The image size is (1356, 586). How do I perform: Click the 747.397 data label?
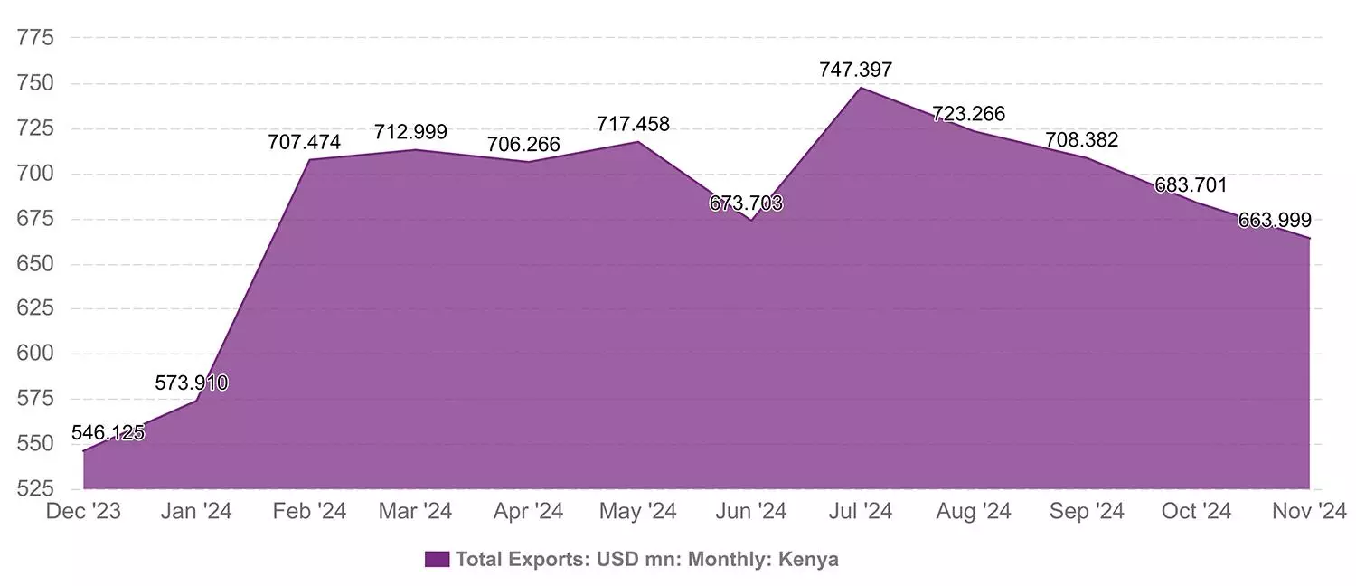coord(855,70)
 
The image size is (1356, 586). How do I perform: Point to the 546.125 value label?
coord(108,432)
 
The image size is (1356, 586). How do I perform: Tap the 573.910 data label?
coord(192,383)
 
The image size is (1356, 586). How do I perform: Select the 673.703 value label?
coord(746,203)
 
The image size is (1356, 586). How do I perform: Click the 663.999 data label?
coord(1275,220)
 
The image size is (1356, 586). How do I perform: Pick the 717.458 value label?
coord(633,124)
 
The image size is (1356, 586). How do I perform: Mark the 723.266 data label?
coord(969,114)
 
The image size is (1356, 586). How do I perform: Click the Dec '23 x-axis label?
coord(83,512)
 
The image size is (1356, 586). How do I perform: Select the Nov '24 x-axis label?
coord(1309,512)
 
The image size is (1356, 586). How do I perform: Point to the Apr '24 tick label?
coord(528,512)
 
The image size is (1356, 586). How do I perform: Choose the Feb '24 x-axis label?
coord(309,512)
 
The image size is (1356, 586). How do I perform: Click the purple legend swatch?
coord(437,559)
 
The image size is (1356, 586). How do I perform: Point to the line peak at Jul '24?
coord(861,88)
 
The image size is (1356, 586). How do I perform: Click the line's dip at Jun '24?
coord(750,220)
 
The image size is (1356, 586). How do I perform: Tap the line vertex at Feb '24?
coord(309,160)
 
